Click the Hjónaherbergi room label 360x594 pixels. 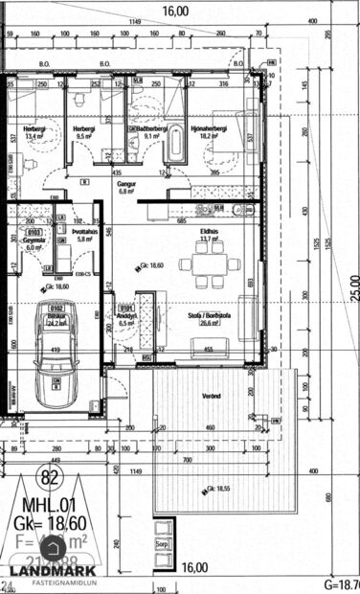[x=208, y=131]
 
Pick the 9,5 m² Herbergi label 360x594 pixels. [x=84, y=131]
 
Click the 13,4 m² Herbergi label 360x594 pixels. [x=34, y=132]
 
